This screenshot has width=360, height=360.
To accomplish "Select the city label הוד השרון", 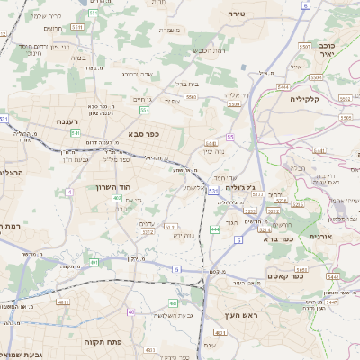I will click(x=114, y=187).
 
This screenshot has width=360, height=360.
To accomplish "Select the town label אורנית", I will click(x=321, y=236).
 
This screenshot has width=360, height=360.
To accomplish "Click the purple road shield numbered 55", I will click(x=230, y=137).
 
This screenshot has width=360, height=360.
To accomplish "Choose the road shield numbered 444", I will click(x=215, y=229).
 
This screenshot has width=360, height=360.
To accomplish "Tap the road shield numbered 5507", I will click(x=304, y=45).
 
